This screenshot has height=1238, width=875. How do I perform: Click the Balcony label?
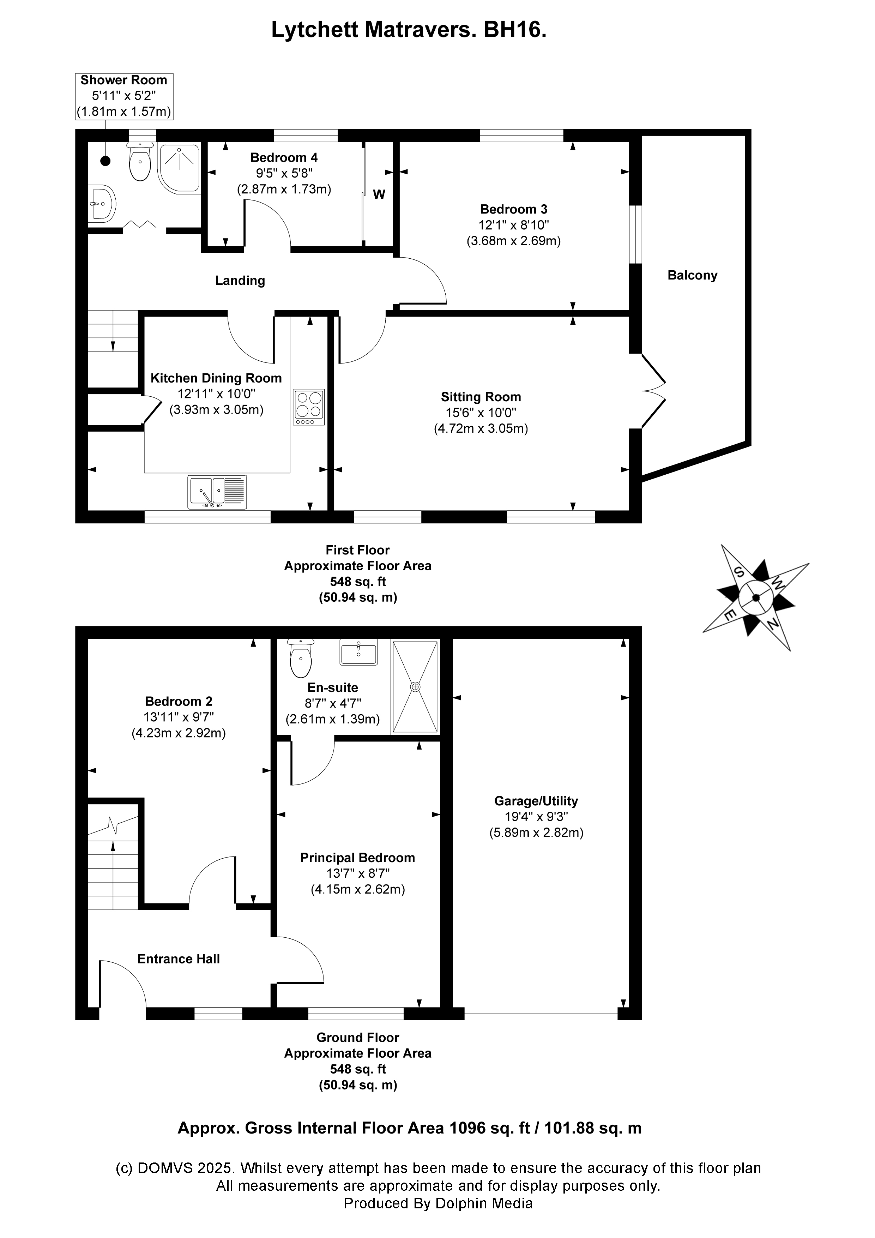[x=692, y=276]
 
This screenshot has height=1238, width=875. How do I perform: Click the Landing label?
[x=240, y=280]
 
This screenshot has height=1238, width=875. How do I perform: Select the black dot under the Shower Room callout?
[x=105, y=161]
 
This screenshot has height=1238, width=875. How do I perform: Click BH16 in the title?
[x=515, y=30]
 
